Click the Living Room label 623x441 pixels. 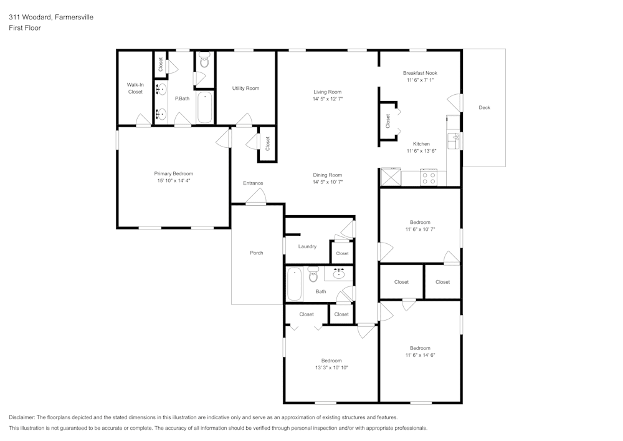328,92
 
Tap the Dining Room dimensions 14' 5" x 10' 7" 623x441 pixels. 328,182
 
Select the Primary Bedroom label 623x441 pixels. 174,173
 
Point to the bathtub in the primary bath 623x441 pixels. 204,107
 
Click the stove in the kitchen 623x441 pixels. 429,177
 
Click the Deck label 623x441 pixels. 484,107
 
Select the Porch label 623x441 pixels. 257,253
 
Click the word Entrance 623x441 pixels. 253,183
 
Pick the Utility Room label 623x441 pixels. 245,89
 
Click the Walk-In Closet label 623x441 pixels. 135,88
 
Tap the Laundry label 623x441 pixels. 307,246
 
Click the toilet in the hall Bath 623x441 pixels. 313,274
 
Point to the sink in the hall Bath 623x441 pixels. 338,274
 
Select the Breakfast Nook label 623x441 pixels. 420,73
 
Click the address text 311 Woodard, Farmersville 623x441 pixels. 51,17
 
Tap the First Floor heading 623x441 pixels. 25,28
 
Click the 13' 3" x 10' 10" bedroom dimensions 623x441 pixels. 331,368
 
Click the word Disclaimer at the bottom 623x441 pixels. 21,417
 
